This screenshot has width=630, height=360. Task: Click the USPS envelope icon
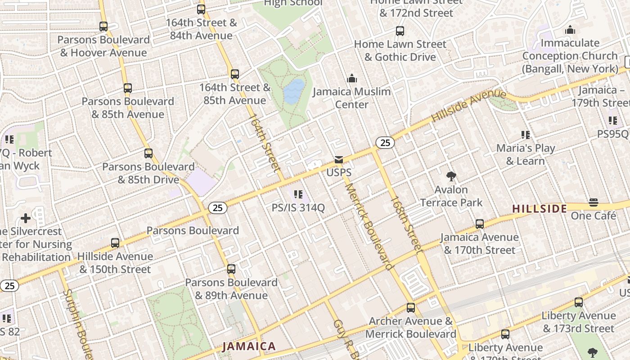click(339, 160)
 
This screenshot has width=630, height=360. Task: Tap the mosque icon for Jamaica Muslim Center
click(352, 79)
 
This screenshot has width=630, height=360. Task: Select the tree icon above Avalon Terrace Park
click(451, 176)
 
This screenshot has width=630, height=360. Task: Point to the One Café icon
click(594, 202)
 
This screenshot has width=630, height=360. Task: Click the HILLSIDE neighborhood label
click(540, 208)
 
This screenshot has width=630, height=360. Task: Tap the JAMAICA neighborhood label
click(249, 346)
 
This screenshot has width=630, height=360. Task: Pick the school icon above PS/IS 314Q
click(298, 194)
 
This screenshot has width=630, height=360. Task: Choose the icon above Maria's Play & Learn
click(525, 135)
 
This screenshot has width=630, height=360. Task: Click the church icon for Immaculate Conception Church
click(570, 30)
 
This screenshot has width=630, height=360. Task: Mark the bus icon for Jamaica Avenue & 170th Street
click(480, 224)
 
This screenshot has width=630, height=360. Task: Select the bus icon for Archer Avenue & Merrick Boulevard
click(411, 308)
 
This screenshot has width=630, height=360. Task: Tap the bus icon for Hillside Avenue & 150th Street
click(115, 243)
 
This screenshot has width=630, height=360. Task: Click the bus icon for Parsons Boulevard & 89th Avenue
click(231, 269)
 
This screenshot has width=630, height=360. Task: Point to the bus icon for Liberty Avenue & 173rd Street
click(579, 302)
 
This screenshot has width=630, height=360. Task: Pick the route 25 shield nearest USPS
click(385, 143)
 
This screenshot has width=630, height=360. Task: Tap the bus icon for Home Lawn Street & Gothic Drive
click(400, 31)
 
